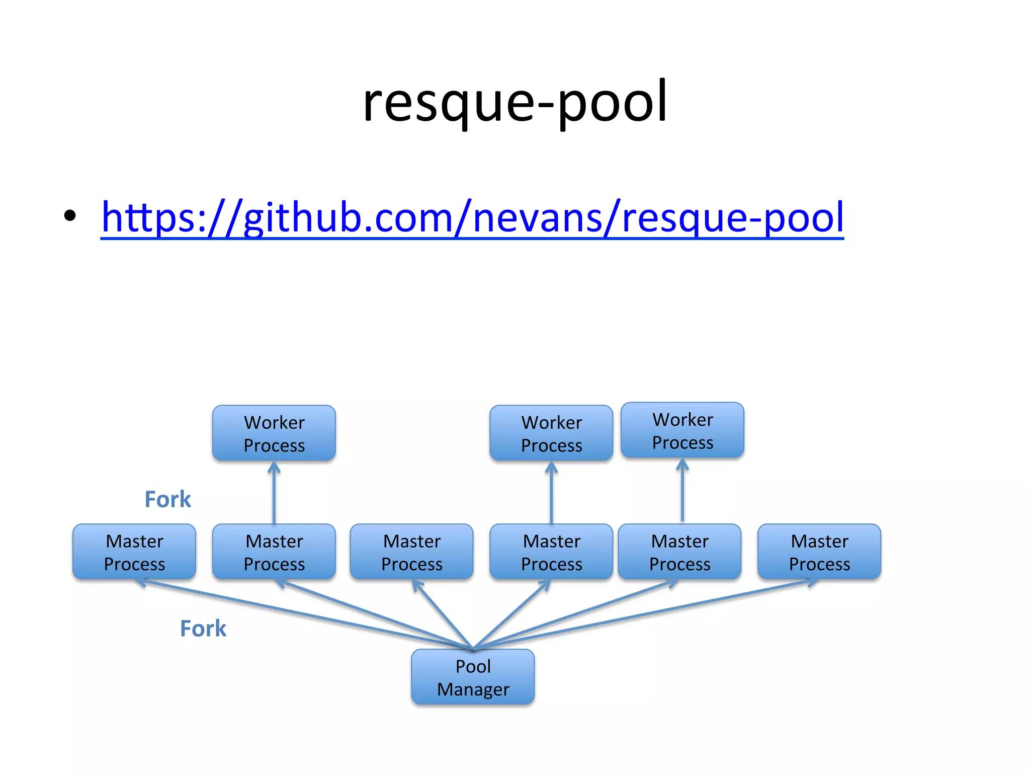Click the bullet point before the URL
coord(70,216)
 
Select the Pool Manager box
coord(472,677)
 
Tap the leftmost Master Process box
coord(134,552)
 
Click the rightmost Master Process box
coord(819,552)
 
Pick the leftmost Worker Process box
coord(274,433)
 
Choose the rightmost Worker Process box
coord(682,430)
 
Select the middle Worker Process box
coord(551,433)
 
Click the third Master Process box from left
coord(411,552)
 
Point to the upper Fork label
coord(167,499)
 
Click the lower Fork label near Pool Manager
coord(203,629)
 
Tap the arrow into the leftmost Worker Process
coord(274,493)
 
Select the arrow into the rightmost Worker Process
coord(682,491)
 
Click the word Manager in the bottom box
coord(473,689)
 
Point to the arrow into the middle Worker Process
coord(551,493)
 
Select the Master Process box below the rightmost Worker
coord(679,552)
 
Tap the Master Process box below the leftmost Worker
coord(274,552)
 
